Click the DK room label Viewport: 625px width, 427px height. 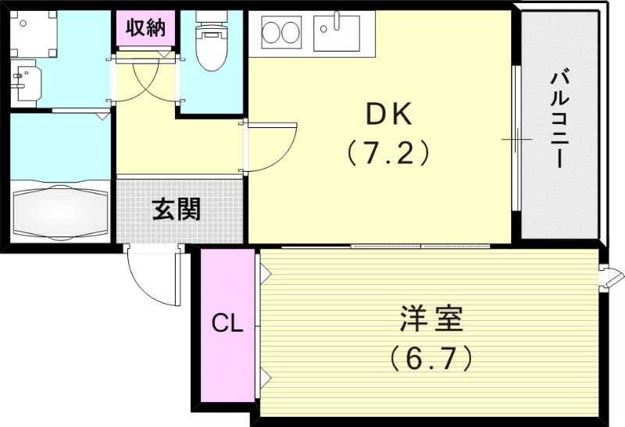coord(388,116)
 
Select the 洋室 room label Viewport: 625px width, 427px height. coord(431,319)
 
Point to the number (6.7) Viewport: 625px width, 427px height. coord(431,358)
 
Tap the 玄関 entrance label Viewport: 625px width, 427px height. coord(176,209)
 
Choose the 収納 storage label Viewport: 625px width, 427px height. coord(145,28)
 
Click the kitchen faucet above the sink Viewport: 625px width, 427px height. coord(337,20)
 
